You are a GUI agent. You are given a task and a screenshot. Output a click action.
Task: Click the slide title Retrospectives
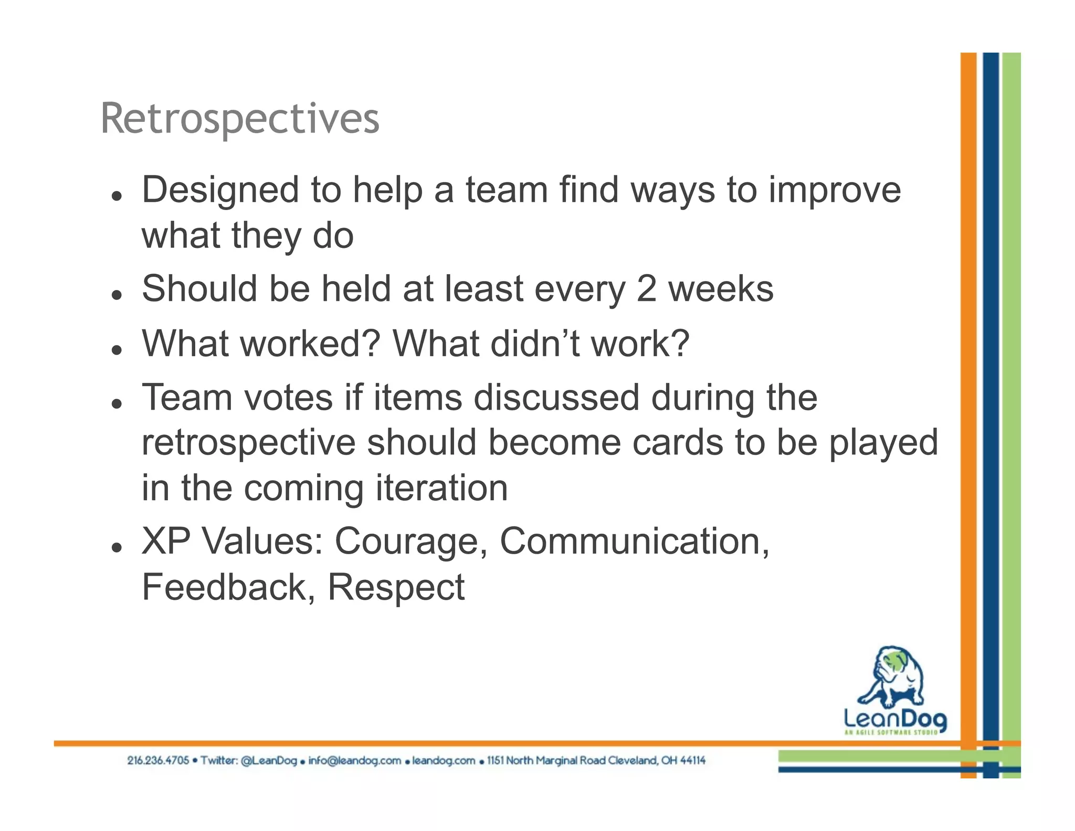click(x=239, y=119)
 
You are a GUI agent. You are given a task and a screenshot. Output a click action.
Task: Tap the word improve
click(x=835, y=190)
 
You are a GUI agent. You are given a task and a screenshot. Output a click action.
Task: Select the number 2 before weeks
click(x=646, y=289)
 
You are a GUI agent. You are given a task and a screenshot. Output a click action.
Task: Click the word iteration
click(x=441, y=488)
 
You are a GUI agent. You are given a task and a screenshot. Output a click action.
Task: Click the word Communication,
click(x=635, y=541)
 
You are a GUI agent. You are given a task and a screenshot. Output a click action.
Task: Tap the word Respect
click(x=396, y=587)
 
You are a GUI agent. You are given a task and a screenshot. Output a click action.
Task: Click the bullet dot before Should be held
click(x=117, y=295)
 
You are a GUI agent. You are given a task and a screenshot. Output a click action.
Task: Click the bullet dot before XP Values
click(x=117, y=547)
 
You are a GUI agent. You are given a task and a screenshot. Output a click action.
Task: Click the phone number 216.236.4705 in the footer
click(x=157, y=761)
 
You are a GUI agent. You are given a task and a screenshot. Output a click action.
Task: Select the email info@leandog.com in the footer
click(x=354, y=761)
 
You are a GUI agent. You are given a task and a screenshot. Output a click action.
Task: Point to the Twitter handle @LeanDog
click(x=269, y=761)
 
